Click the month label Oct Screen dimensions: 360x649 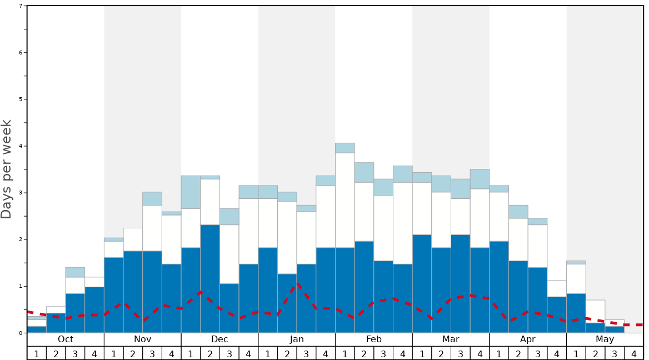coord(66,339)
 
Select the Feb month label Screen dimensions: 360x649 coord(374,339)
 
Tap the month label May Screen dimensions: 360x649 coord(605,339)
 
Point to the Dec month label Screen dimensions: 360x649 coord(219,339)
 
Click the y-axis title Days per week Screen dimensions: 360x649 coord(7,169)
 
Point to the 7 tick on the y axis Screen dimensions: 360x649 coord(21,6)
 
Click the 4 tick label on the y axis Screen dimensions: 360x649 coord(21,146)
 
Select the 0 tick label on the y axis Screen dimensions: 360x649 coord(21,333)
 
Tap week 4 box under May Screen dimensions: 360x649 coord(634,353)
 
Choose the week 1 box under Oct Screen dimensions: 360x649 coord(37,353)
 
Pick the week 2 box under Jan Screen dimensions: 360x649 coord(287,353)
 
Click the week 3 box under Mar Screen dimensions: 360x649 coord(461,353)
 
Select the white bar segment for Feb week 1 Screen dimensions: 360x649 coord(345,200)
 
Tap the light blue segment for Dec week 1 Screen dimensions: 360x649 coord(191,192)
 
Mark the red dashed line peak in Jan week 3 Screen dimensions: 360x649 coord(298,283)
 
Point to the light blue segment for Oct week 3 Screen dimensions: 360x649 coord(75,272)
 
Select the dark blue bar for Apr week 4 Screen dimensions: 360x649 coord(557,315)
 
